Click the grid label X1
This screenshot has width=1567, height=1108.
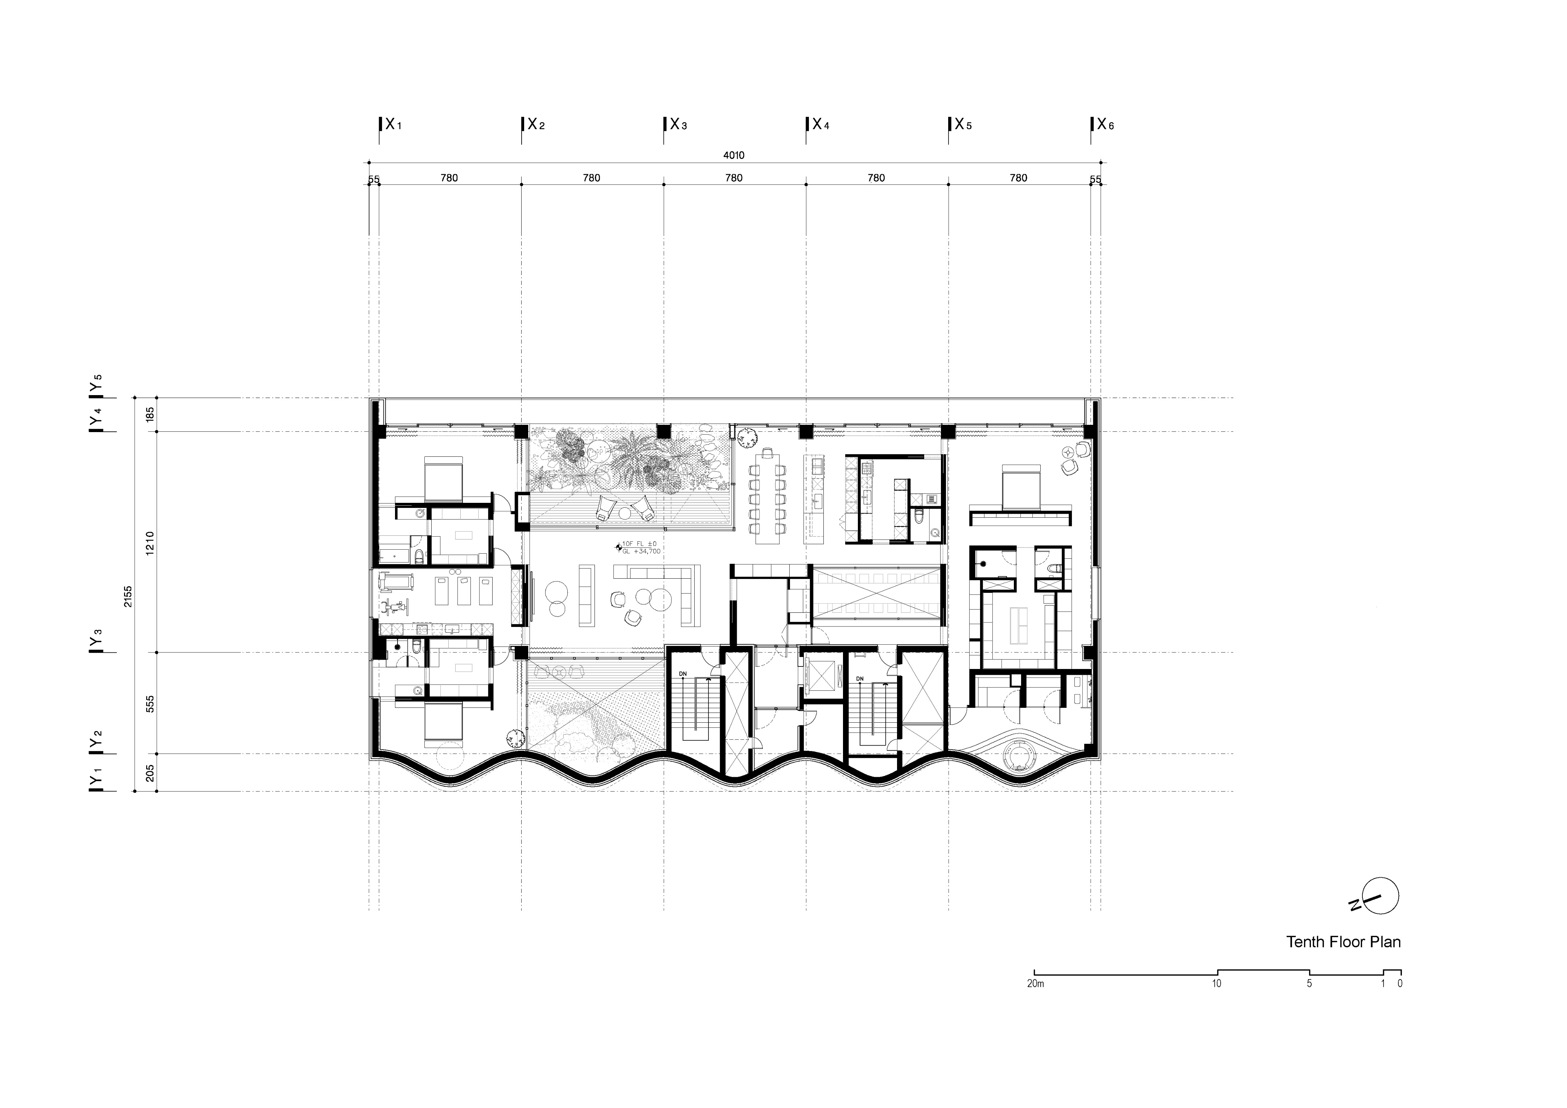(392, 125)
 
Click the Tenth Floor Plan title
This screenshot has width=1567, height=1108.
(1343, 942)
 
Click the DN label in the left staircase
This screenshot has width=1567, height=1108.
(683, 674)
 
